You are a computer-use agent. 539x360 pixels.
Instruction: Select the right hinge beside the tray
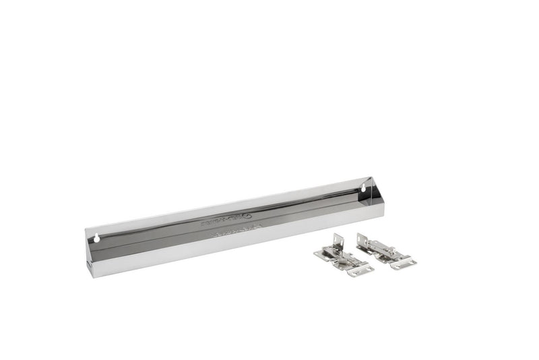pos(385,250)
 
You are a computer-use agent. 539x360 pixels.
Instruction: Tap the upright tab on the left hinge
pos(336,241)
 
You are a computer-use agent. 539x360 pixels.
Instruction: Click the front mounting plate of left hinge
pos(360,270)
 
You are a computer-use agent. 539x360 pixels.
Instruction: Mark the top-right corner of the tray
pos(371,178)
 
